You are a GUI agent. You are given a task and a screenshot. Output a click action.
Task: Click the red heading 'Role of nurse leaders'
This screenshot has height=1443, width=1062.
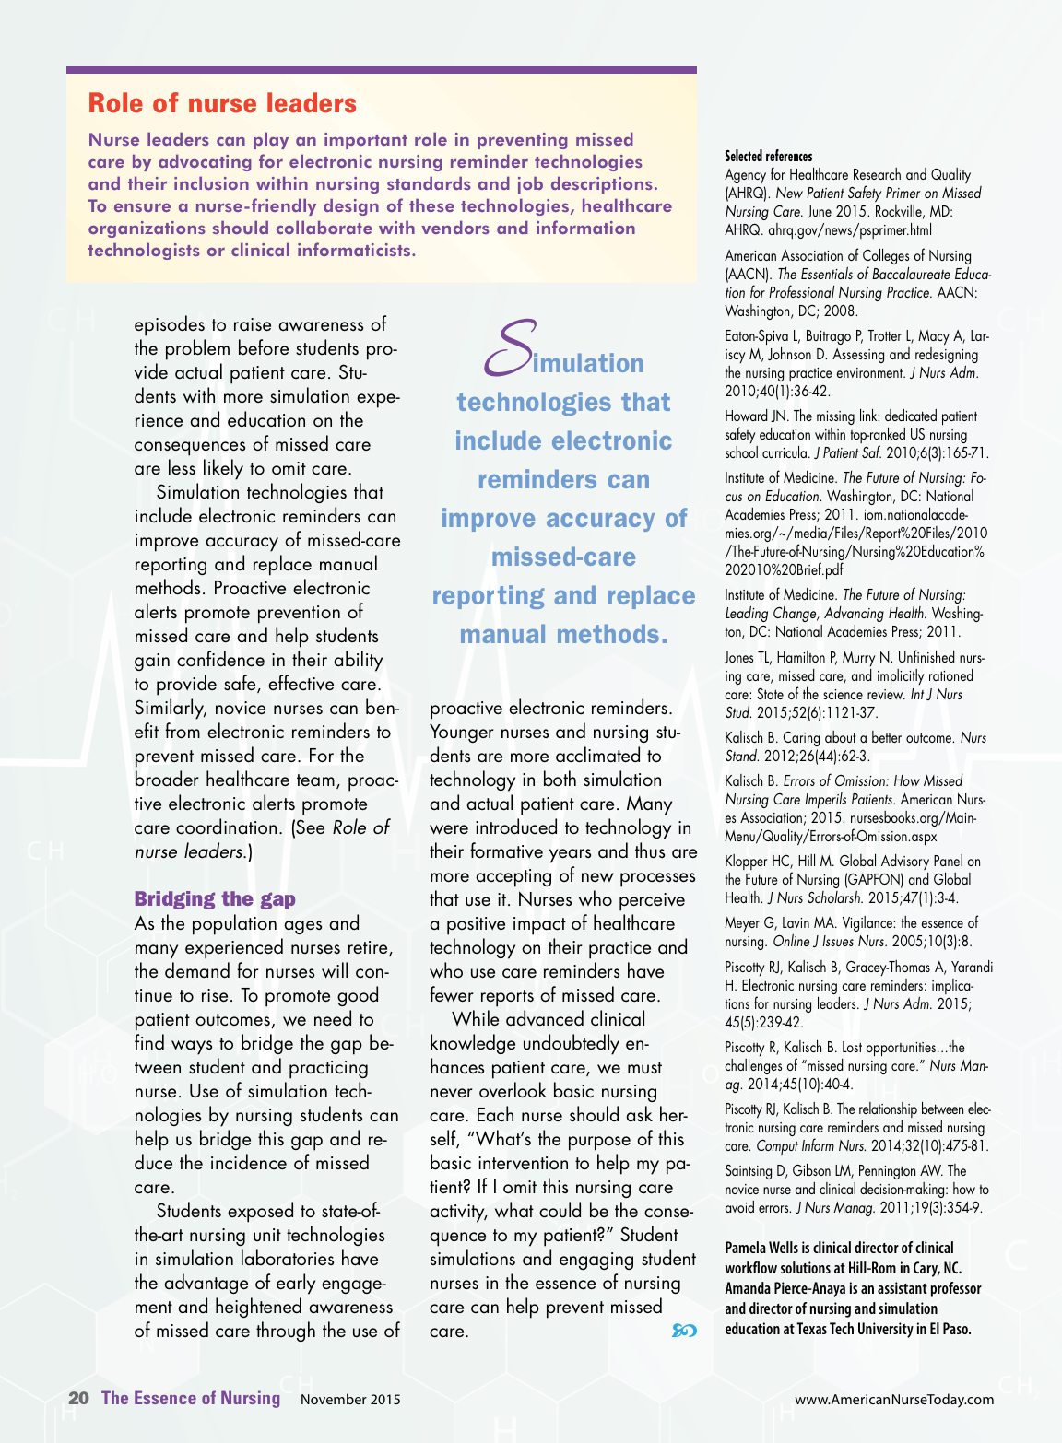(x=222, y=103)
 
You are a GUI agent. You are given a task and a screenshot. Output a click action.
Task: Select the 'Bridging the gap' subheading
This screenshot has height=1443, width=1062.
(x=215, y=898)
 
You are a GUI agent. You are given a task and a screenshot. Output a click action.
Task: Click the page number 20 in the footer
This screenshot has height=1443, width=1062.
(x=78, y=1398)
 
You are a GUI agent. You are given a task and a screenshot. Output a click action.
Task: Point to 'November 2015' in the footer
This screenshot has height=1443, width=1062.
(x=350, y=1400)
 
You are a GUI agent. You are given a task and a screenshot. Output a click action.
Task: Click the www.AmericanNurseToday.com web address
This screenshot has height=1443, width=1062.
(x=894, y=1400)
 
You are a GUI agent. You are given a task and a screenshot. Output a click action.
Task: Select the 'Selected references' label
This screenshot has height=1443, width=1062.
(x=769, y=157)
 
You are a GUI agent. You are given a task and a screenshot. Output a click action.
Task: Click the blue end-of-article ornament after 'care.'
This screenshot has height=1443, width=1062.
(x=684, y=1331)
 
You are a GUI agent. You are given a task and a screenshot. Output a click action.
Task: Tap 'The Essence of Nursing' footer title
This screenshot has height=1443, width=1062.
(x=191, y=1398)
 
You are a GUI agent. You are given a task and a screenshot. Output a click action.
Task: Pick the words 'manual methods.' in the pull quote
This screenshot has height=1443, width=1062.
(x=563, y=635)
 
